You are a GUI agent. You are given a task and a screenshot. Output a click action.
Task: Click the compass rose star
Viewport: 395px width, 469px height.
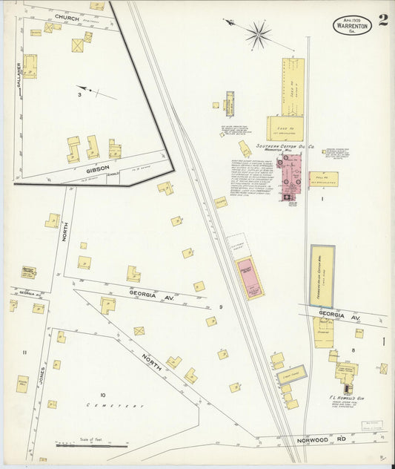[259, 33]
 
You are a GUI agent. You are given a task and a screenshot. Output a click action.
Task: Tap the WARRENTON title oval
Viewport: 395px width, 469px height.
[352, 25]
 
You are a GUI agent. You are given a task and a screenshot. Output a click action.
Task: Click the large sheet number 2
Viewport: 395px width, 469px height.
[382, 20]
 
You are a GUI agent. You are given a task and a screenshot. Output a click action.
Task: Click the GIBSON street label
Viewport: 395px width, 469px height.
[97, 169]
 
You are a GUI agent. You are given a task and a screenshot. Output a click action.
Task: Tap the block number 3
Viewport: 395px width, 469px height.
[79, 94]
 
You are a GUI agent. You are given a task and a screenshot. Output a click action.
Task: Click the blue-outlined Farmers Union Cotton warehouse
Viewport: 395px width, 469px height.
[322, 275]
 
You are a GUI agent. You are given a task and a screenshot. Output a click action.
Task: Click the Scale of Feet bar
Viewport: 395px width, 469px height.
[92, 446]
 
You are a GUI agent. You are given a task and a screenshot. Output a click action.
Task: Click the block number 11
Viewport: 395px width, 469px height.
[24, 352]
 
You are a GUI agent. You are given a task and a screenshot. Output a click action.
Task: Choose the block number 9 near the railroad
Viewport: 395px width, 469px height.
[221, 307]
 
